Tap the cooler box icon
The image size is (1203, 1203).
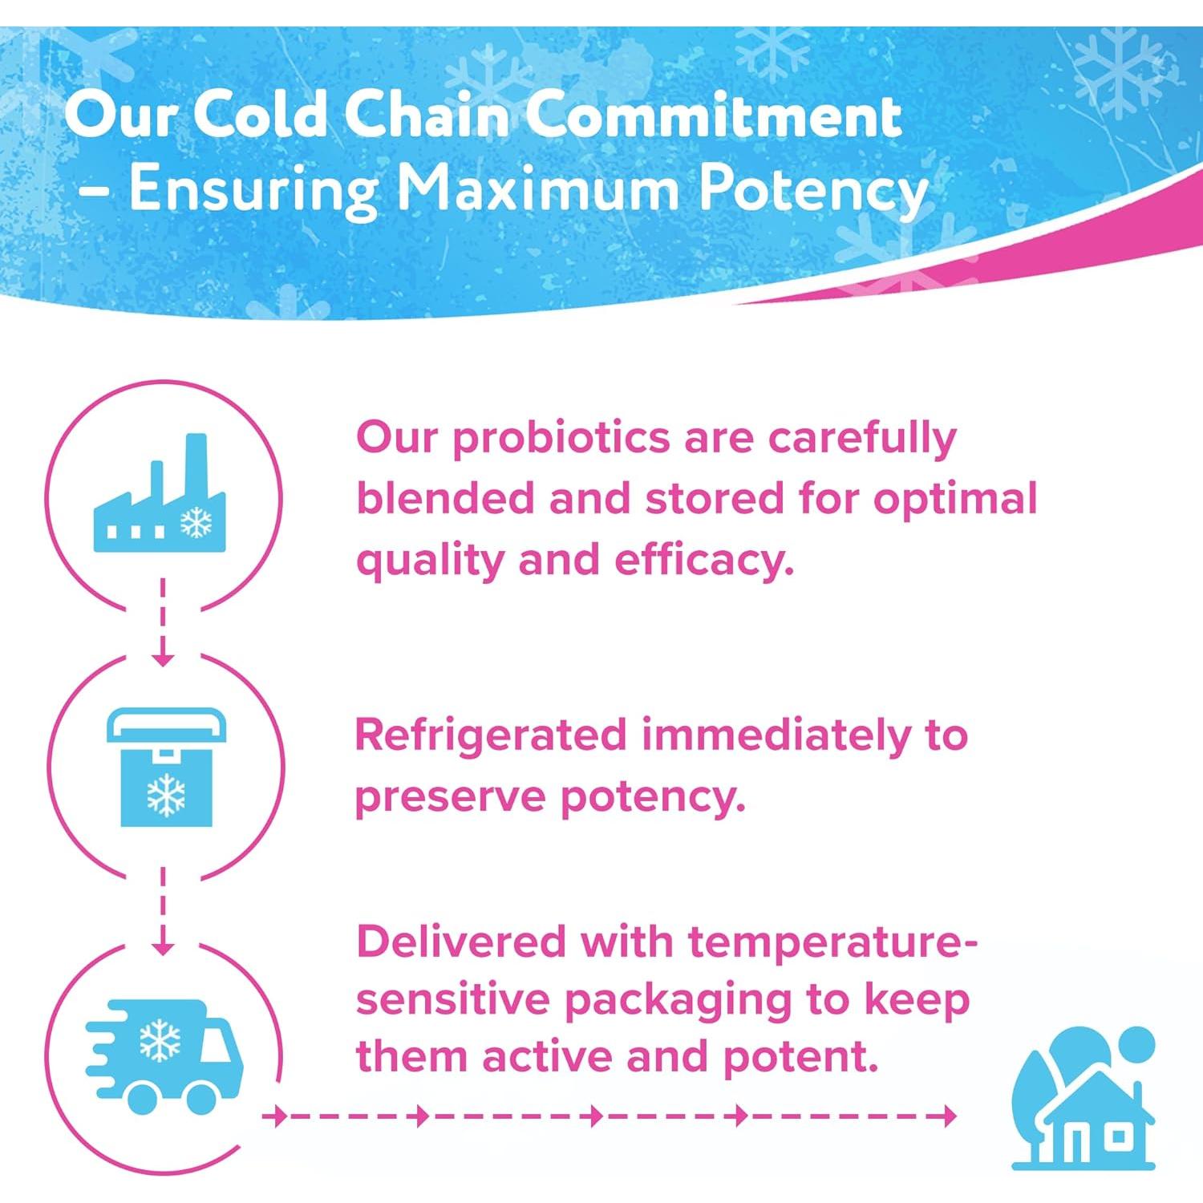[166, 768]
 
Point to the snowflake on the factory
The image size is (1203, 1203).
[196, 523]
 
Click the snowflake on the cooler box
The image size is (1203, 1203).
[166, 794]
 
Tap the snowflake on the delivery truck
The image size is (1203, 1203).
[160, 1040]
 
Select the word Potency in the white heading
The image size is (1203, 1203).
[812, 191]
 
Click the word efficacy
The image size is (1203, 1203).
[704, 560]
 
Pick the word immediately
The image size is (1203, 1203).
[776, 735]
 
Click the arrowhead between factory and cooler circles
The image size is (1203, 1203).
[163, 658]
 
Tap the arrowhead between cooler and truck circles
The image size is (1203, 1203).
[163, 946]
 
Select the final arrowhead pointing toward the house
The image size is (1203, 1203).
[949, 1116]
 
